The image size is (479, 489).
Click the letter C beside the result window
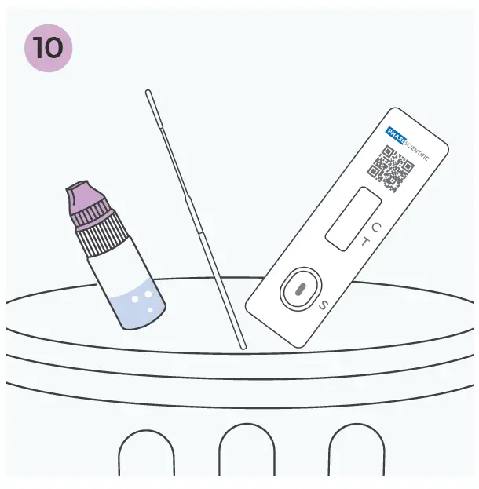click(376, 228)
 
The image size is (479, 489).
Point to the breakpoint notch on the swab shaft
click(189, 196)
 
